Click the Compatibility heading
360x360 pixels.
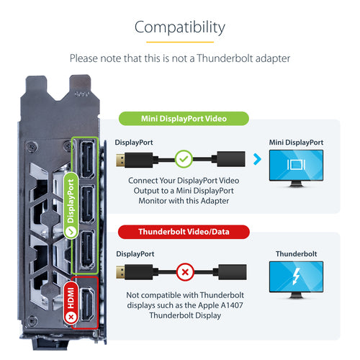pos(180,27)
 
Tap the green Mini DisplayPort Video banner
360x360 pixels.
pos(184,119)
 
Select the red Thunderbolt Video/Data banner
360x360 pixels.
pos(184,232)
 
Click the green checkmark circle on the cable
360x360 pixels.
pos(184,159)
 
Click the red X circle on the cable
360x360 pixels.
pos(185,272)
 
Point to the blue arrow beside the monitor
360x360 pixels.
pos(257,159)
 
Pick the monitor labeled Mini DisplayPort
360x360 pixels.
pos(296,168)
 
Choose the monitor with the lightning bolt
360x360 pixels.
pos(296,279)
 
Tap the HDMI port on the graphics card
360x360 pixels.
pos(87,305)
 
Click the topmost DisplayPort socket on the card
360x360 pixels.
pos(88,160)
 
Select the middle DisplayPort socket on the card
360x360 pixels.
pos(87,204)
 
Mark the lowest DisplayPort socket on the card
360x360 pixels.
pos(87,250)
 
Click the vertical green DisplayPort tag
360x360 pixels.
pos(71,205)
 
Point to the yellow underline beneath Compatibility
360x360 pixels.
pos(180,42)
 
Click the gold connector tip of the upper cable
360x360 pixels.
pos(120,160)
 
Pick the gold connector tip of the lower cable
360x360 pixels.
pos(120,272)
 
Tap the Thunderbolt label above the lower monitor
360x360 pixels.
pos(296,253)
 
